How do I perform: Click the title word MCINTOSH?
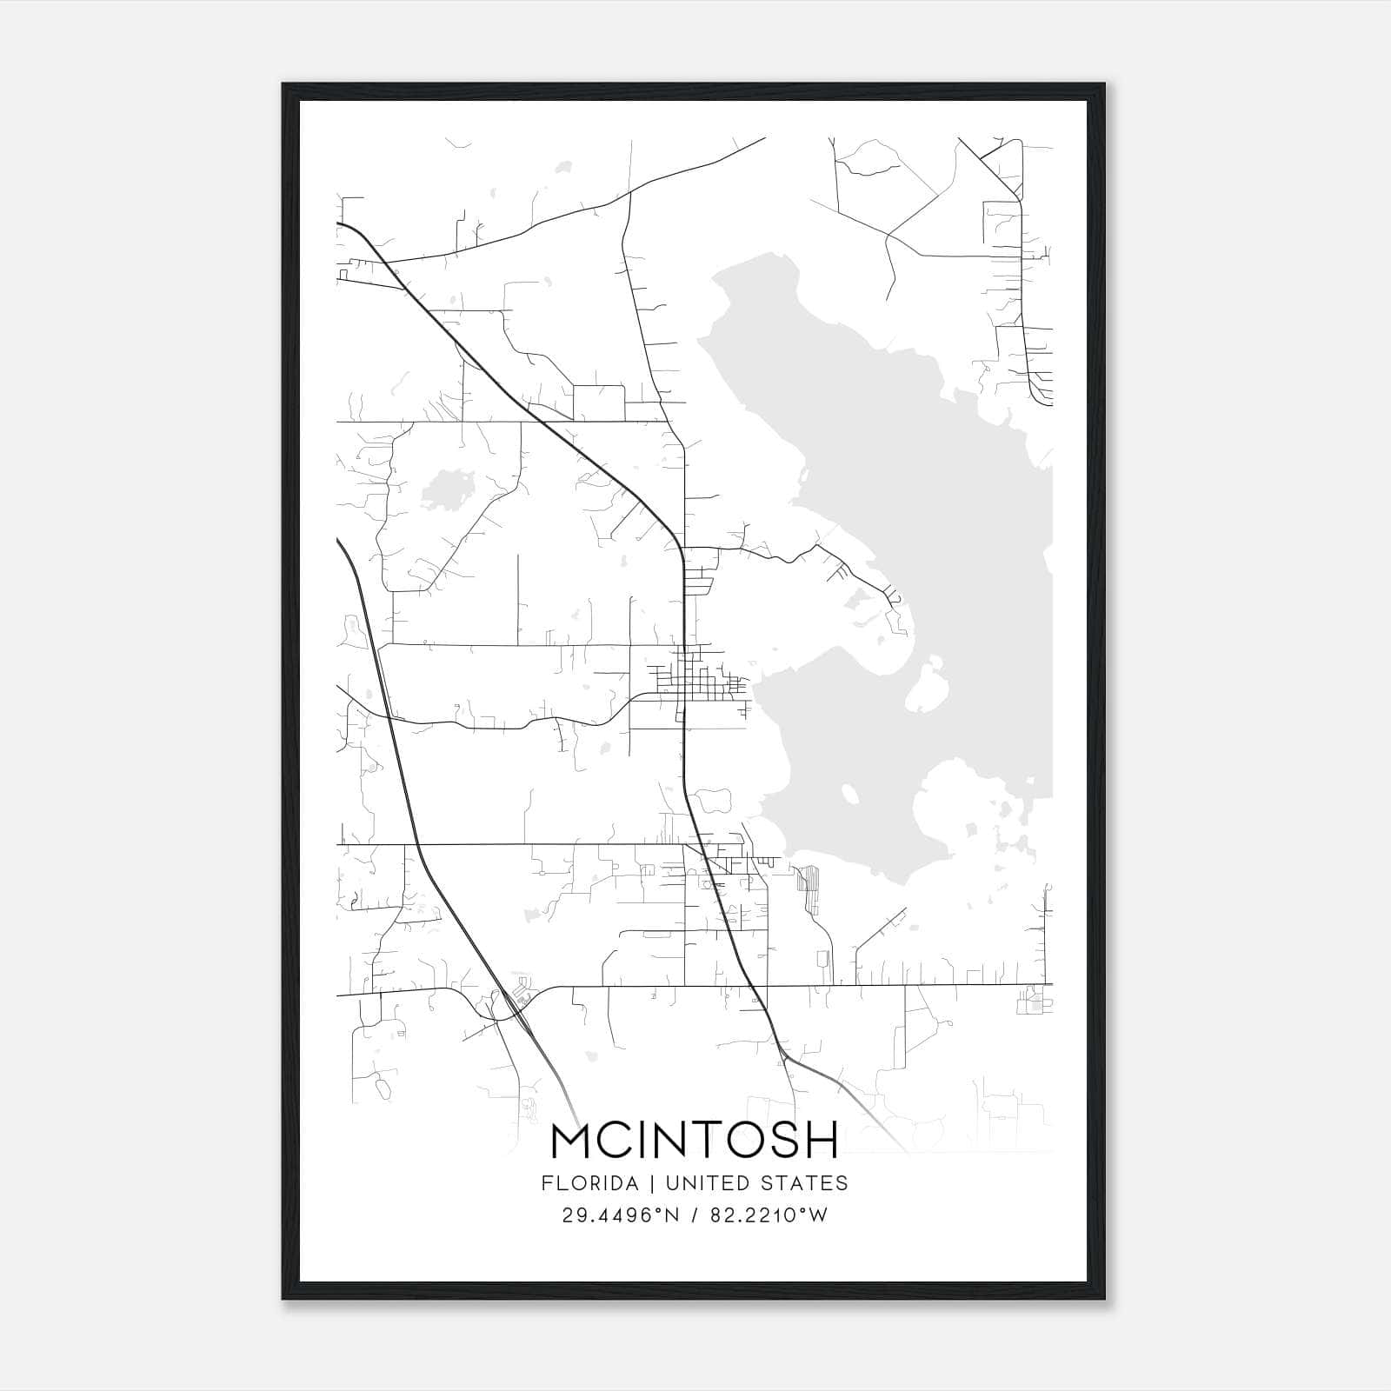coord(695,1140)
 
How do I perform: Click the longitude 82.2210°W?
coord(769,1215)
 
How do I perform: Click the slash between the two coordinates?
coord(694,1215)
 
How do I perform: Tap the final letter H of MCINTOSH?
coord(819,1140)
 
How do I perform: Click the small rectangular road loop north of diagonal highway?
coord(598,402)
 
